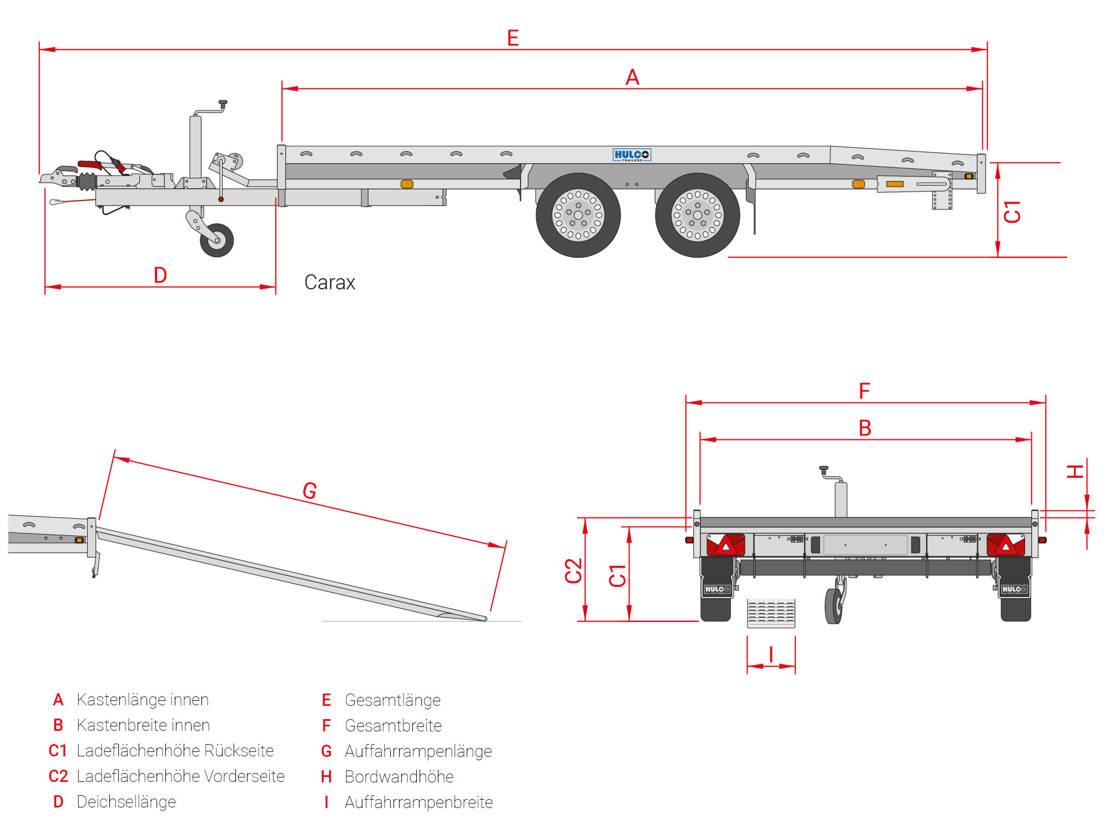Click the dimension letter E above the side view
pos(513,38)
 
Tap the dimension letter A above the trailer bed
pos(632,77)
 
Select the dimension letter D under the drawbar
pos(160,275)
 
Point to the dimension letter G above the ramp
pos(310,490)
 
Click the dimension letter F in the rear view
pos(864,391)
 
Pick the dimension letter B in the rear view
pos(865,428)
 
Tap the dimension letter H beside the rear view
pos(1076,472)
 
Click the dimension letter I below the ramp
pos(771,655)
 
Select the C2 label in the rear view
pos(573,570)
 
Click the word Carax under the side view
pos(330,283)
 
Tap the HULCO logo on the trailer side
pos(632,155)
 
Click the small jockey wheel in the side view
pos(216,240)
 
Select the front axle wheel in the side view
pos(578,215)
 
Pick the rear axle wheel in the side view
pos(697,215)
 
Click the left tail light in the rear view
pos(726,545)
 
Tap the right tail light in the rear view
pos(1006,545)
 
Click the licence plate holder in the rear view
pos(865,545)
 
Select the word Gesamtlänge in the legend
pos(392,700)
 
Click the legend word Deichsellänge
pos(126,802)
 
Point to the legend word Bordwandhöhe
pos(399,777)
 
